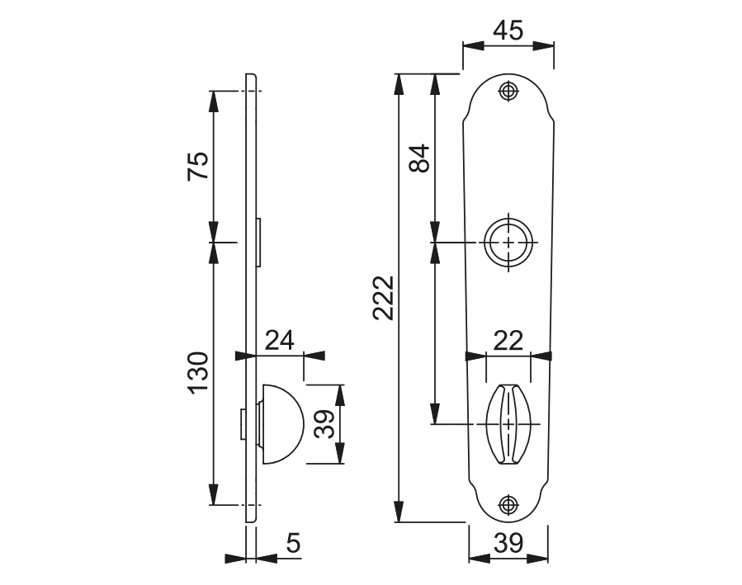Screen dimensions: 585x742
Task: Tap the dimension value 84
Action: click(419, 158)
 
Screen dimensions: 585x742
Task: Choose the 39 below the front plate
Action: click(508, 543)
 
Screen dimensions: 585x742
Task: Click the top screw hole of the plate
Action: click(508, 91)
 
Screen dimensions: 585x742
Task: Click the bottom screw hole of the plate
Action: click(508, 505)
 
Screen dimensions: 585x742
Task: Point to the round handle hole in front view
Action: click(508, 243)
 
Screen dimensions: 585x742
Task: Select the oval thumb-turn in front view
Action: click(508, 424)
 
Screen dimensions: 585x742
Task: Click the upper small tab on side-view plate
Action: click(259, 243)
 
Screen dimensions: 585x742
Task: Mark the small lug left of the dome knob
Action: click(243, 424)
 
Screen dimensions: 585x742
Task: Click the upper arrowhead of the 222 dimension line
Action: click(399, 83)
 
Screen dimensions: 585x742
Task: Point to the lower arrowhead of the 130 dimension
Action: click(214, 496)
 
